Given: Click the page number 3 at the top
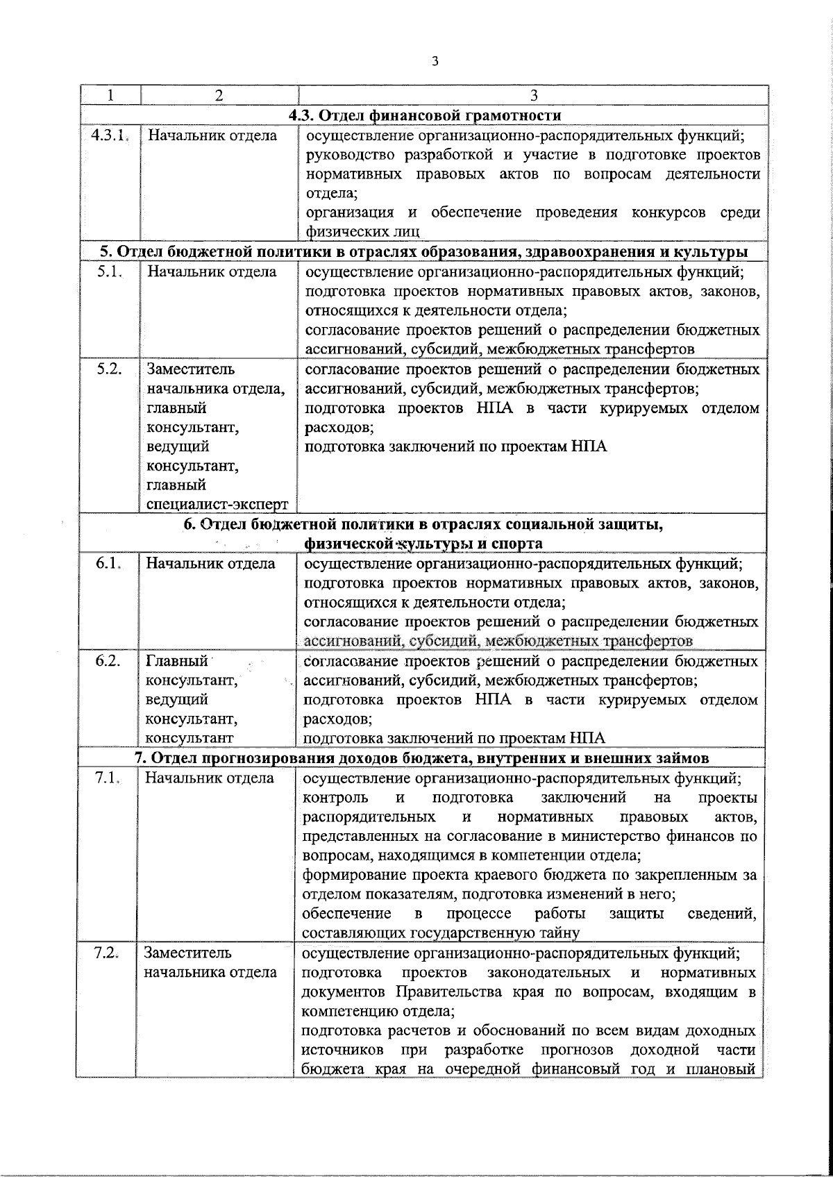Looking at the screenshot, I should [x=435, y=61].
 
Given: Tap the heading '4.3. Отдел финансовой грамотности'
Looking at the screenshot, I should [x=425, y=115].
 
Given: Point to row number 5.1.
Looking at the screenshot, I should [x=109, y=271].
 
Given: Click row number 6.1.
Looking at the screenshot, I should [x=109, y=564].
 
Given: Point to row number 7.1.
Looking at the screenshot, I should [x=108, y=778].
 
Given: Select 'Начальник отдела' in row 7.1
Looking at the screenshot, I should [x=210, y=778].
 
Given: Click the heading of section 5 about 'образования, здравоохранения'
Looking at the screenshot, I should [x=423, y=251].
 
